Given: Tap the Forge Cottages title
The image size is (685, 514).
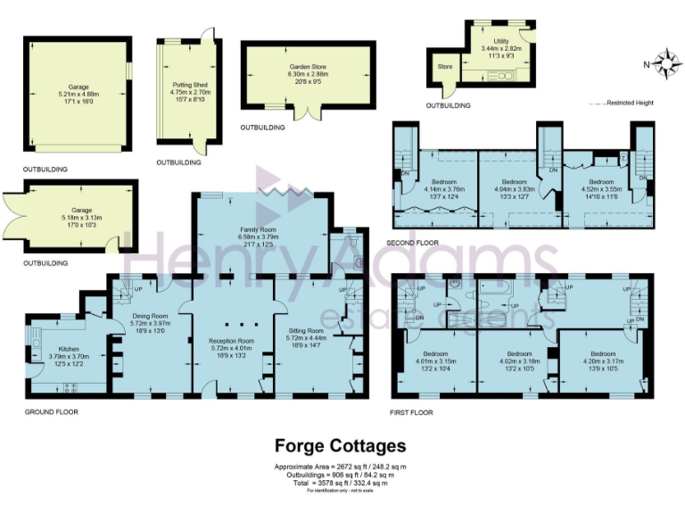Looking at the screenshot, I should [x=340, y=445].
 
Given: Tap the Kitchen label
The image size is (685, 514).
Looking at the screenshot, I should [x=70, y=349].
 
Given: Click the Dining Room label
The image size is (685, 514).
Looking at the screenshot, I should [x=150, y=316].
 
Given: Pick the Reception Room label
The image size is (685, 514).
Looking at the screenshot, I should [x=231, y=341].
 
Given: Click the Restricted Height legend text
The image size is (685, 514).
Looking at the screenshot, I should [x=630, y=103].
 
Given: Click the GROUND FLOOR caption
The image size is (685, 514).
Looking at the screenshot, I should [x=51, y=412].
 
